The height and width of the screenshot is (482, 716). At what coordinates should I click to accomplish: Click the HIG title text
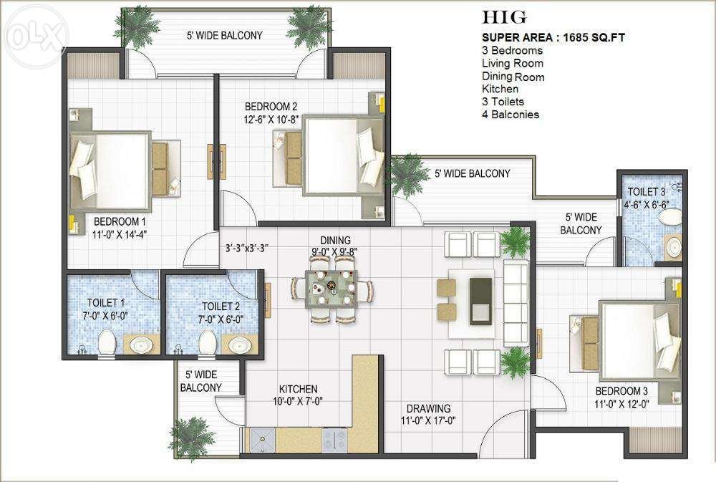click(x=504, y=17)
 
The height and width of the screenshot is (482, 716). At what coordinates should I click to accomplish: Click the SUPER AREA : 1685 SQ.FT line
click(x=553, y=37)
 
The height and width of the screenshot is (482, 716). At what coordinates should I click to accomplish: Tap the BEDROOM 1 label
click(x=120, y=221)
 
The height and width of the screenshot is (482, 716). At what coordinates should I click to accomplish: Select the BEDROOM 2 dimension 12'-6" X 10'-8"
click(x=271, y=120)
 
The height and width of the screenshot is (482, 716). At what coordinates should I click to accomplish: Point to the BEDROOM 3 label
click(x=621, y=391)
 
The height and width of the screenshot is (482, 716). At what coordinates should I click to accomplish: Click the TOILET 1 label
click(x=106, y=302)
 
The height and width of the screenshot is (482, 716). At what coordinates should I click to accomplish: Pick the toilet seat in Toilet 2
click(x=208, y=342)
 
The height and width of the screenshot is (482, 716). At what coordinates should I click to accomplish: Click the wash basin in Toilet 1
click(x=141, y=344)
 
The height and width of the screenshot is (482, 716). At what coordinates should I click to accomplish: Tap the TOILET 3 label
click(x=646, y=191)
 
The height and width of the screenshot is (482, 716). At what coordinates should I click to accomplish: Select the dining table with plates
click(x=332, y=288)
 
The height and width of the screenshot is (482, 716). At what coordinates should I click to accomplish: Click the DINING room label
click(x=336, y=241)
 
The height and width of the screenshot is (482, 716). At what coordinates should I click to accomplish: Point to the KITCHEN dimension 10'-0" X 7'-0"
click(x=298, y=402)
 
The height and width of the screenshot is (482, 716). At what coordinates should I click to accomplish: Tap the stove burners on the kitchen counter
click(x=334, y=440)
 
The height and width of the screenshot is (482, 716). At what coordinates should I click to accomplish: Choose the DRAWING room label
click(x=428, y=408)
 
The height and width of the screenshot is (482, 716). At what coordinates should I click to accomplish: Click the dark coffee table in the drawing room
click(x=481, y=302)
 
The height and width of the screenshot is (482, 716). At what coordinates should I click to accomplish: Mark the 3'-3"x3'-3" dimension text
click(x=246, y=249)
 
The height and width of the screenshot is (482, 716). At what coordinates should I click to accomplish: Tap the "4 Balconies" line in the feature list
click(x=511, y=115)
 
